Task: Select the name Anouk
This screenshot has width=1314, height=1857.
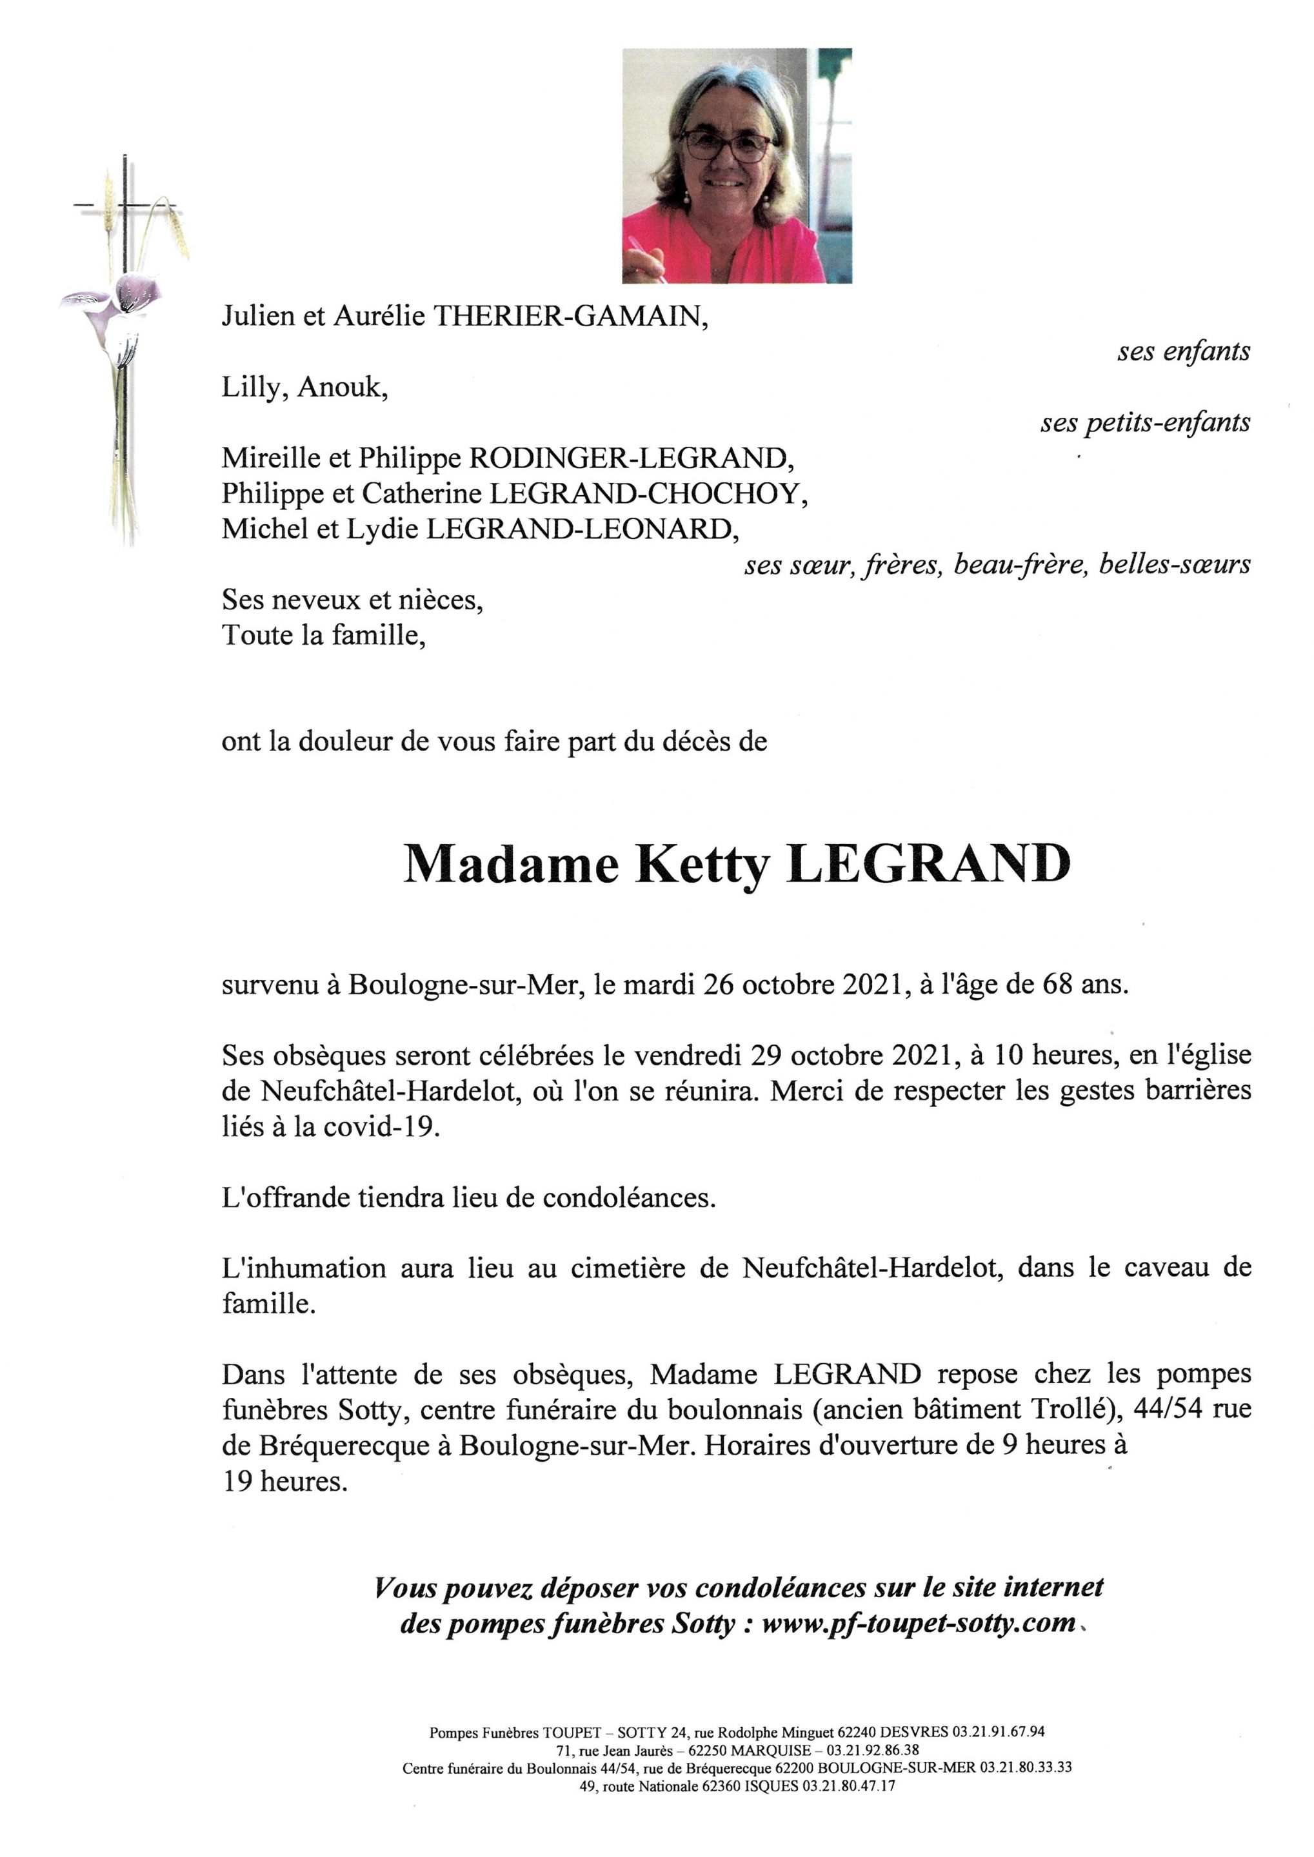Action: (x=343, y=388)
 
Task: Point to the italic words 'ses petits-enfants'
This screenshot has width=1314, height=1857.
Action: (x=1145, y=422)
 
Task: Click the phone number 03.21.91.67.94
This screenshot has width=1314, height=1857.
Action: (x=999, y=1733)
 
